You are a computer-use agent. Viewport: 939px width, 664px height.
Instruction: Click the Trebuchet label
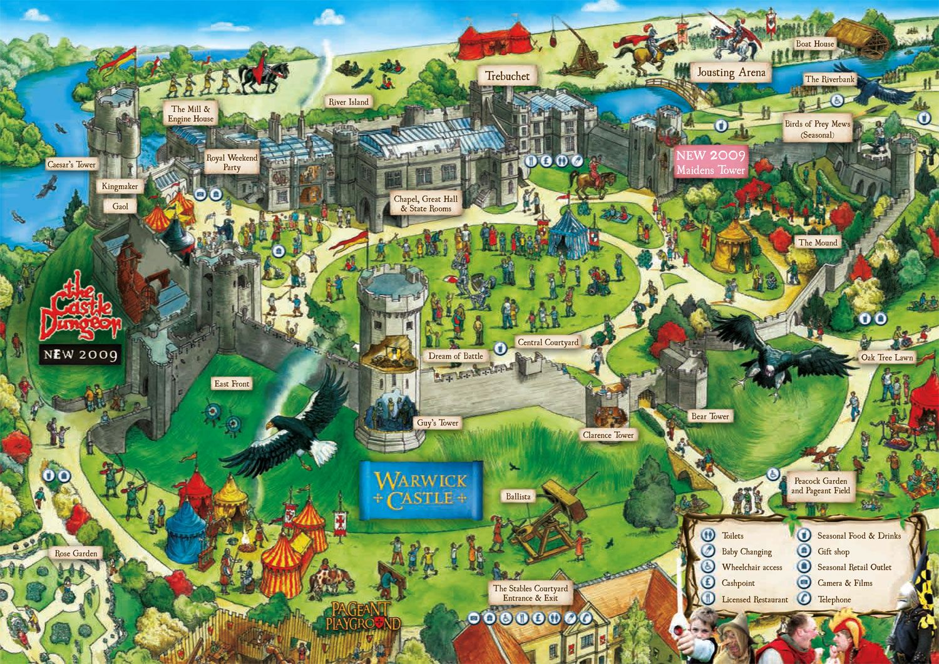[x=507, y=76]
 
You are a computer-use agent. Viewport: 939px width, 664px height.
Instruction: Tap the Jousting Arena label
[x=731, y=73]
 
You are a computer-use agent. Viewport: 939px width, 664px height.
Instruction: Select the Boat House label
[x=814, y=44]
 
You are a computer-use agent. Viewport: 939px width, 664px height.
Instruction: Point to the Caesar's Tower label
[x=71, y=165]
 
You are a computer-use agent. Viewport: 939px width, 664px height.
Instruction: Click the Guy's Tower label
[x=438, y=423]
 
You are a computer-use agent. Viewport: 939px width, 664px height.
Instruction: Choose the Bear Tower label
[x=710, y=416]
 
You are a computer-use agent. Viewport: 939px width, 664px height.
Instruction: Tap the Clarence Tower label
[x=608, y=435]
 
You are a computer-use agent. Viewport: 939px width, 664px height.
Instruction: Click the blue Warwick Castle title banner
[x=421, y=490]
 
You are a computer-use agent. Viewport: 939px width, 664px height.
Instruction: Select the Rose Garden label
[x=76, y=553]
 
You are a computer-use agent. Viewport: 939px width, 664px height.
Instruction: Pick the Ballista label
[x=518, y=496]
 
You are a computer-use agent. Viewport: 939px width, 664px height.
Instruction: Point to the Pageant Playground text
[x=362, y=616]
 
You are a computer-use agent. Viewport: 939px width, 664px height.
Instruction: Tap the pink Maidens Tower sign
[x=711, y=163]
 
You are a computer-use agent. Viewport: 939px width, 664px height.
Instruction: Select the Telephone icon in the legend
[x=804, y=599]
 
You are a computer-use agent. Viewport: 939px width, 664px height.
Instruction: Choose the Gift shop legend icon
[x=804, y=551]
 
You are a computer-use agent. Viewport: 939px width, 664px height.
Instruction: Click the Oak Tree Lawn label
[x=887, y=357]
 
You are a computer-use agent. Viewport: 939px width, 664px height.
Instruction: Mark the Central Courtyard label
[x=548, y=342]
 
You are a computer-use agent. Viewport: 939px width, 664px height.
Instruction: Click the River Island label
[x=349, y=101]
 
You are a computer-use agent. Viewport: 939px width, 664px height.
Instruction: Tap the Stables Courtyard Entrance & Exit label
[x=530, y=593]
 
